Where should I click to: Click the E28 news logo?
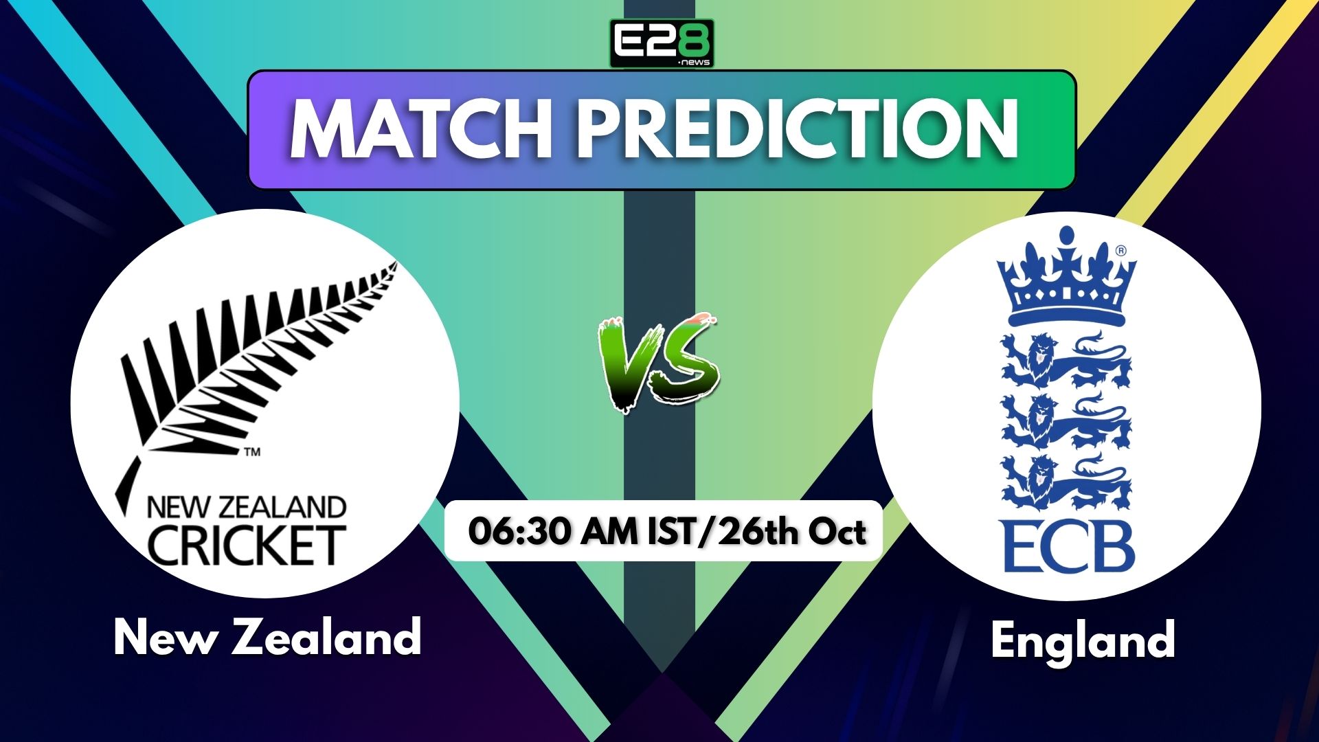(x=662, y=43)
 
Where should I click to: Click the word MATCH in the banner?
(x=420, y=129)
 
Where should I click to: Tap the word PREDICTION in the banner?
(x=798, y=129)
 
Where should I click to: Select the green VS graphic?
(x=658, y=363)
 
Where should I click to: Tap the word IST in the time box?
(x=672, y=532)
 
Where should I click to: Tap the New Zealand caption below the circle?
(x=267, y=637)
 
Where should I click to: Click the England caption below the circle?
(x=1083, y=640)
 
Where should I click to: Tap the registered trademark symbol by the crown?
(x=1121, y=251)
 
